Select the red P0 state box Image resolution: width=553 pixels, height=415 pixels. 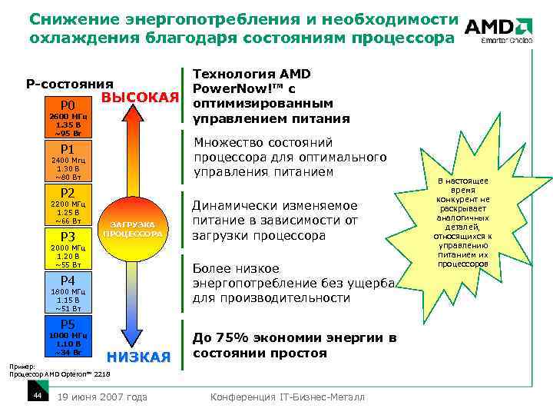pos(67,105)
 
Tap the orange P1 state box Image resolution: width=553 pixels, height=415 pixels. pos(67,148)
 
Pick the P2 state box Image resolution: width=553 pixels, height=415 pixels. pos(67,192)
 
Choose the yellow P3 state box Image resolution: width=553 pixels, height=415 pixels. pos(67,236)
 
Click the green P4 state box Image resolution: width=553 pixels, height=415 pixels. pos(67,280)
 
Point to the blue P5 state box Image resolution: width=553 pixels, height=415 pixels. pos(67,324)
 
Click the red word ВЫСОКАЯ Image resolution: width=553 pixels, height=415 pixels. pos(140,98)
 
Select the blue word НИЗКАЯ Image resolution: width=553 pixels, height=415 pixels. pos(138,357)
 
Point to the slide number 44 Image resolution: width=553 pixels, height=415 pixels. pos(36,396)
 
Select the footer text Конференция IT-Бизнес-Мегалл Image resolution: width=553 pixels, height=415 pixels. pos(288,397)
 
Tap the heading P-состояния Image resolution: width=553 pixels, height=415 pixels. pos(69,84)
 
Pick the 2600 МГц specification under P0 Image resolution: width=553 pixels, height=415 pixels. pos(67,116)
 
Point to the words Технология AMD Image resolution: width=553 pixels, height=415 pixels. pos(250,74)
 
